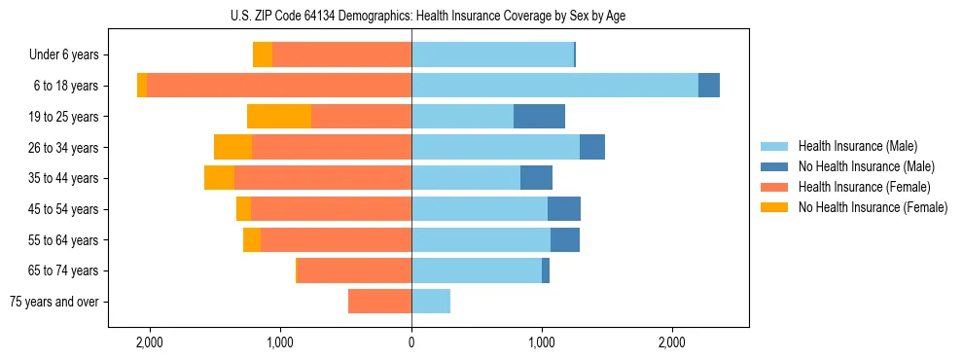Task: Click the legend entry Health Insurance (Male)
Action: coord(857,146)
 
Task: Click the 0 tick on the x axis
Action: coord(411,343)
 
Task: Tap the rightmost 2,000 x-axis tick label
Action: coord(673,343)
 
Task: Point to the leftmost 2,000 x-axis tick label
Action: coord(150,343)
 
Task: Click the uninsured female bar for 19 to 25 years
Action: coord(279,117)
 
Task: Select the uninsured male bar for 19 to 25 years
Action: coord(539,117)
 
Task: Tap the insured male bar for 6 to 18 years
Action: coord(554,86)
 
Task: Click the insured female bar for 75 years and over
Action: coord(379,302)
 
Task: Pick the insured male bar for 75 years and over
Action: coord(431,302)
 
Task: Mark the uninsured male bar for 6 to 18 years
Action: coord(709,86)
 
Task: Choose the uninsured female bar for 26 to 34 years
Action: coord(232,147)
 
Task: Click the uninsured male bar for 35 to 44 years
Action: coord(536,178)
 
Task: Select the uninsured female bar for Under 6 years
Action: coord(262,54)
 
